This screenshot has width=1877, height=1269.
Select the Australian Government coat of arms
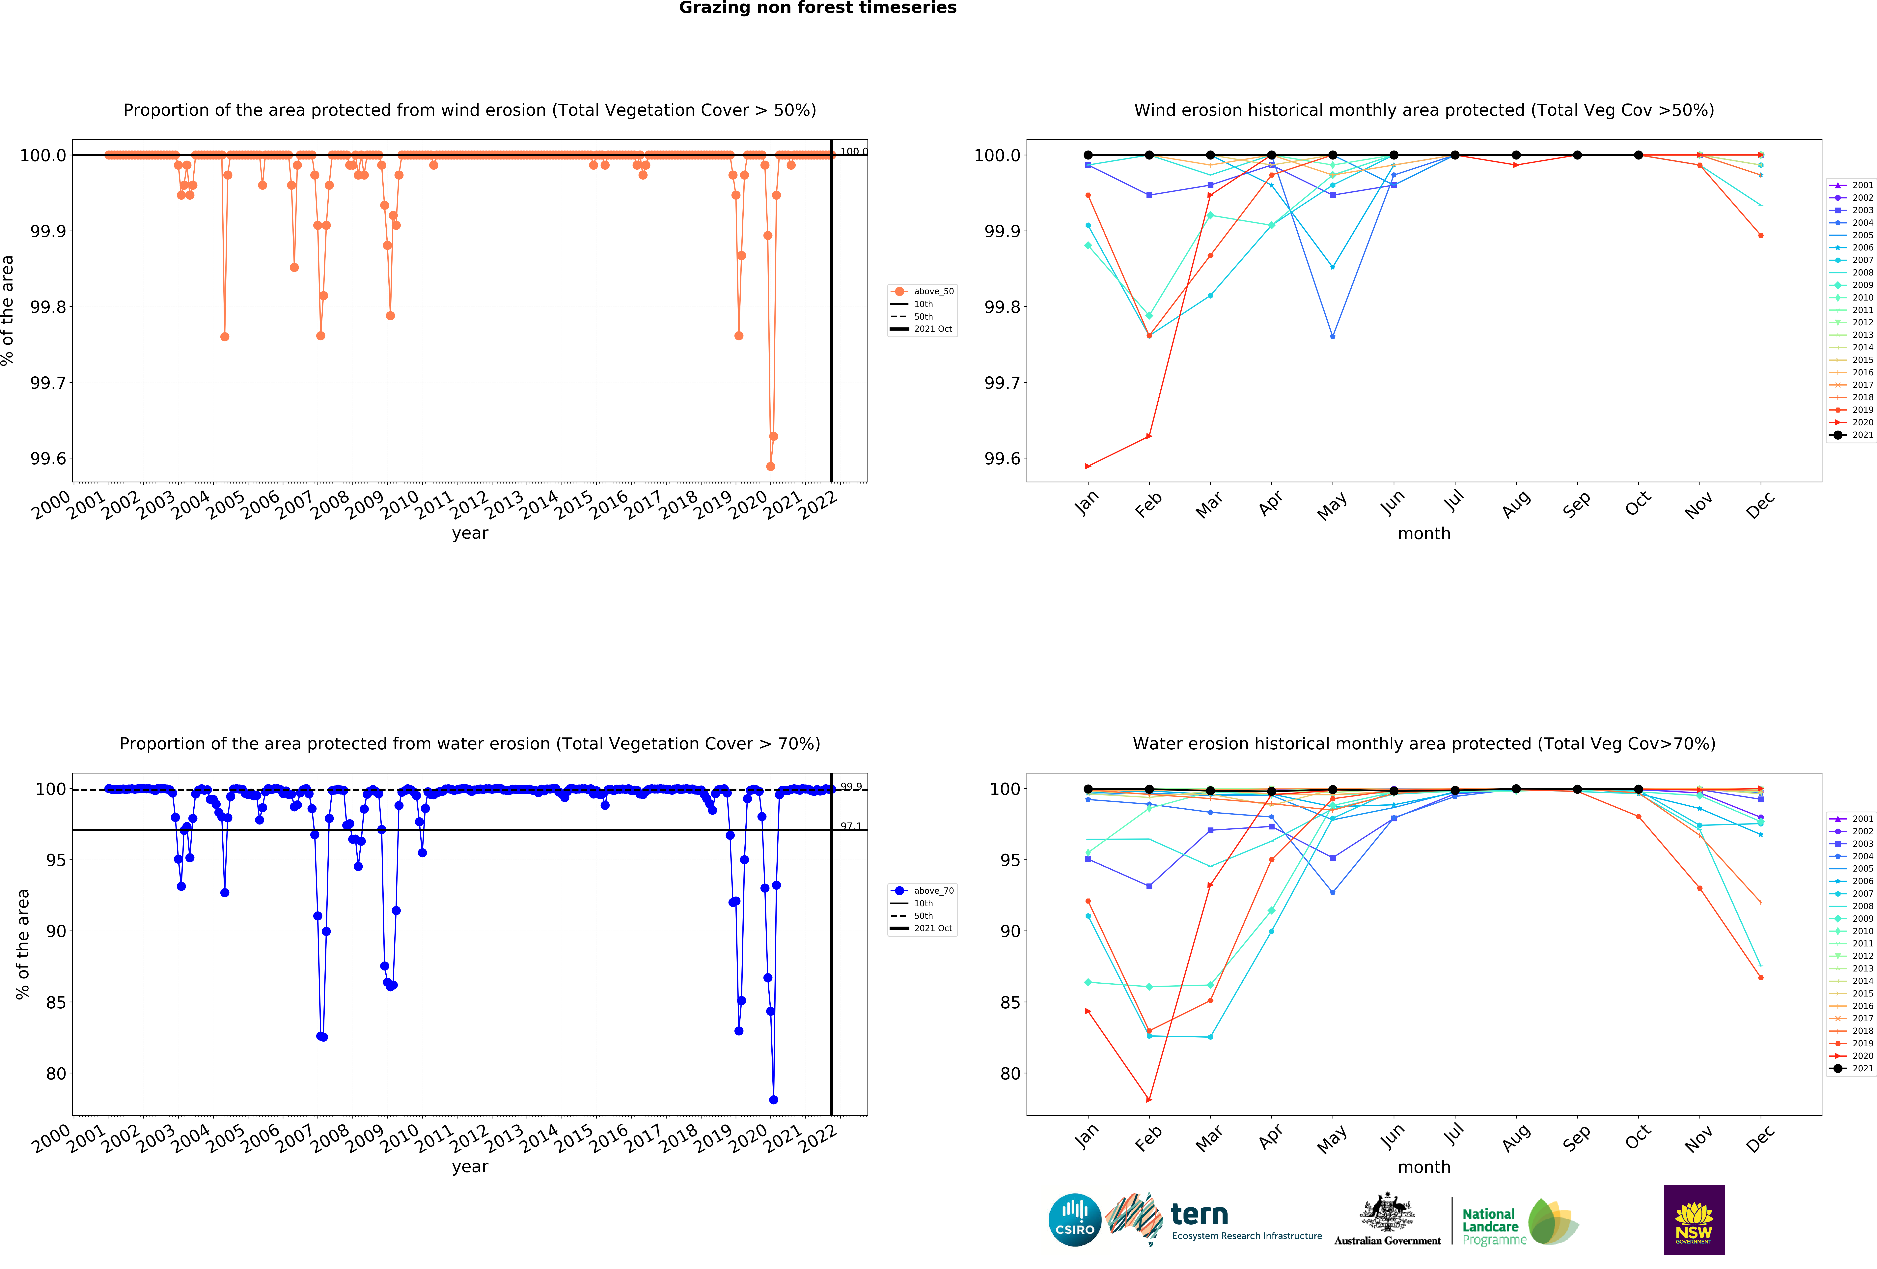[1387, 1212]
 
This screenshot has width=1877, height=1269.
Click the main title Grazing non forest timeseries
[817, 8]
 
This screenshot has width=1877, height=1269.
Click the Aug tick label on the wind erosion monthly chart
[1516, 504]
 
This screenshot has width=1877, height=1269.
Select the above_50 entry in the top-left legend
[933, 292]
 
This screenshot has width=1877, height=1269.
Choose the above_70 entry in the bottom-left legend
[933, 891]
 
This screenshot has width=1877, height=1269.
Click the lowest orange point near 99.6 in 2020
[770, 466]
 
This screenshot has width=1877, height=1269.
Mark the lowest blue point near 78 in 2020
[774, 1099]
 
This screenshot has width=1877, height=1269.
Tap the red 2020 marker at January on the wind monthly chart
[1088, 466]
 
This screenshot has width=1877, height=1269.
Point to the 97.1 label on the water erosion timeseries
[850, 826]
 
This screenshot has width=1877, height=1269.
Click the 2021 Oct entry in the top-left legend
[933, 329]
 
